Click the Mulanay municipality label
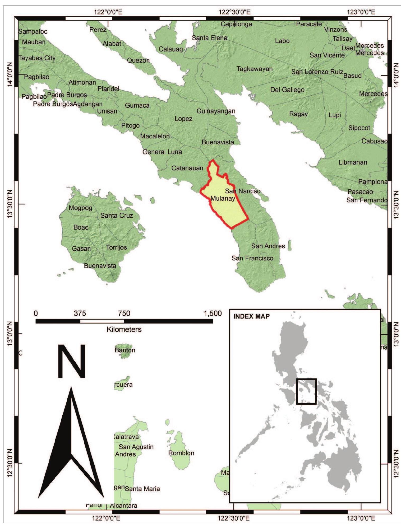coord(223,198)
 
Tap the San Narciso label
coord(243,191)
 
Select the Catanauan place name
coord(187,168)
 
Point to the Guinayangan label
coord(216,111)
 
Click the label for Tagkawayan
coord(254,69)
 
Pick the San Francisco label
coord(252,258)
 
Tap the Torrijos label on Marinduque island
coord(116,247)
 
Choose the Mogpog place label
coord(80,208)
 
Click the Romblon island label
coord(181,453)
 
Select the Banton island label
coord(125,350)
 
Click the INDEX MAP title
coord(251,316)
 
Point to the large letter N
coord(71,361)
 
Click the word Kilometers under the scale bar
coord(124,330)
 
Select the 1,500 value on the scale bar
coord(213,314)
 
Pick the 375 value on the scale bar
coord(80,314)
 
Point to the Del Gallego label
coord(287,90)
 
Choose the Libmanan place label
coord(353,162)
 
